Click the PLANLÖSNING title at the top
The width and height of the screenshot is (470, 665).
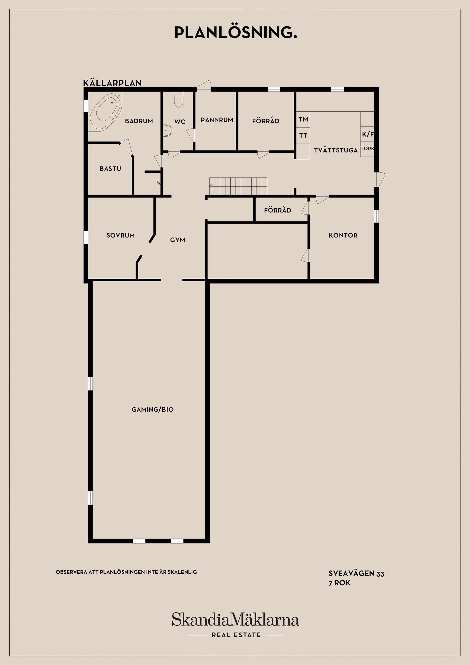236,33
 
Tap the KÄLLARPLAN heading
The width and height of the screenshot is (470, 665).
112,83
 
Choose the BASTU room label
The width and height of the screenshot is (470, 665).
110,168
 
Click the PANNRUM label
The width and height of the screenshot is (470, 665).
217,120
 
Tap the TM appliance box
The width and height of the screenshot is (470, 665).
303,119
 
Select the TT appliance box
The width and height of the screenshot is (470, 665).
303,135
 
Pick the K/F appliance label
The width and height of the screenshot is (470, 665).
367,134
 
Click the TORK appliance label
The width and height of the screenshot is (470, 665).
367,149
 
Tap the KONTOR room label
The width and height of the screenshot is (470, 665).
343,236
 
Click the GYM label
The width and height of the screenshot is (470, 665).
177,240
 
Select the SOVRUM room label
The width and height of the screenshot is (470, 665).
120,236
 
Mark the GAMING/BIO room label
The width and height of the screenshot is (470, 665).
153,410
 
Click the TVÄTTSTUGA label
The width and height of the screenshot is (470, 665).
336,150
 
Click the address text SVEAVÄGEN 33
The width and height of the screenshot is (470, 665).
356,573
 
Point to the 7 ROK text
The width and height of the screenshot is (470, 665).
339,583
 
